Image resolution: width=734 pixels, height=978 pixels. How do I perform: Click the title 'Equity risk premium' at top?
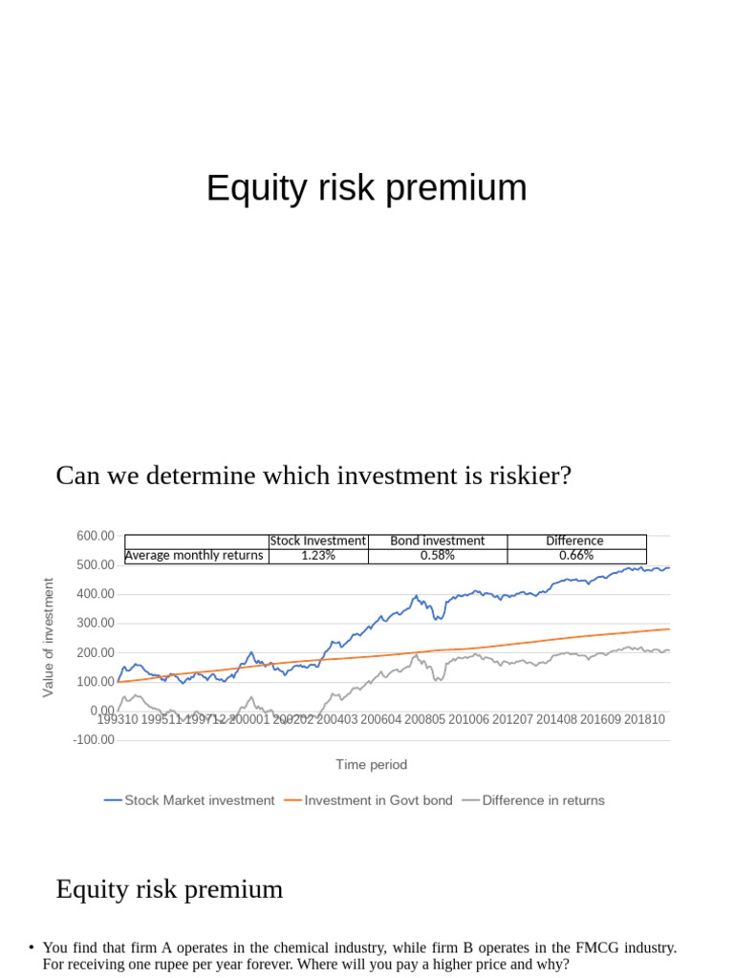coord(366,188)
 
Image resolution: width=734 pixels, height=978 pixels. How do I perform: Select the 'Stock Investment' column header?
coord(318,541)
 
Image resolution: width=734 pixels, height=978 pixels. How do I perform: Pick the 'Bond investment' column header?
coord(437,541)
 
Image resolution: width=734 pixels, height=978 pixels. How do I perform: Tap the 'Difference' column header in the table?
coord(574,541)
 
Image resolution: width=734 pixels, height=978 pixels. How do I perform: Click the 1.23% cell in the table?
coord(318,555)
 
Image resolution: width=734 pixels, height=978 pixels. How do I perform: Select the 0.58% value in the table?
coord(437,555)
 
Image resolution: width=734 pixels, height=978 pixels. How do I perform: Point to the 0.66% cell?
coord(575,555)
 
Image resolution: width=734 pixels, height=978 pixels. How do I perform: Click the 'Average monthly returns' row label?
coord(194,555)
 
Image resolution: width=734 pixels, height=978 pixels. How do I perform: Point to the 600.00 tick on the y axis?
coord(96,536)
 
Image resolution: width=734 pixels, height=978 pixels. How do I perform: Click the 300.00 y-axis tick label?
coord(96,623)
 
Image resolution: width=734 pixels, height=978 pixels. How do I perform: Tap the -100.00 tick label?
coord(94,739)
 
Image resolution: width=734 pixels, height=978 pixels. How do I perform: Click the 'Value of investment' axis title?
coord(48,637)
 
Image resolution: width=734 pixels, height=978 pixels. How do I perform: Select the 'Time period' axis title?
coord(371,764)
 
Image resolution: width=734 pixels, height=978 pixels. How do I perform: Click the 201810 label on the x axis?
coord(644,719)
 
